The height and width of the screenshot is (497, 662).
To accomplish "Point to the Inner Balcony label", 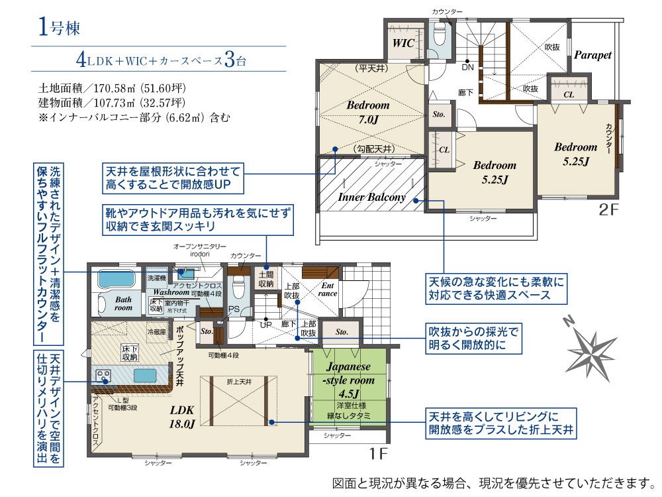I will (x=371, y=197).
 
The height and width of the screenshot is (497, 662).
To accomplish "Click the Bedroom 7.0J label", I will (x=367, y=113).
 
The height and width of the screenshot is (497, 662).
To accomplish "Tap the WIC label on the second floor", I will (x=403, y=43).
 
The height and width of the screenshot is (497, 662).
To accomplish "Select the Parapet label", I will (x=592, y=55).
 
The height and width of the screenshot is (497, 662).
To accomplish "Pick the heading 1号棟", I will (x=58, y=28).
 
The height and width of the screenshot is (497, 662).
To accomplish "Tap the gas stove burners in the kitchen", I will (x=104, y=376).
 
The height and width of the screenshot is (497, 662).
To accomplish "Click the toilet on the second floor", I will (x=438, y=34).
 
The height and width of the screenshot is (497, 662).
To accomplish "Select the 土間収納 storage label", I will (x=266, y=279).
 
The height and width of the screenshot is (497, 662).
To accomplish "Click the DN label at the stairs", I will (x=467, y=67).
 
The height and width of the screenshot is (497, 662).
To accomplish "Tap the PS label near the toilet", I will (x=233, y=309).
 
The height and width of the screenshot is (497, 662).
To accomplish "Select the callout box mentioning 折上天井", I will (x=500, y=423).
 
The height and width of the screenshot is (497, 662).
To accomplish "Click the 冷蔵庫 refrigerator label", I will (x=156, y=332).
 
